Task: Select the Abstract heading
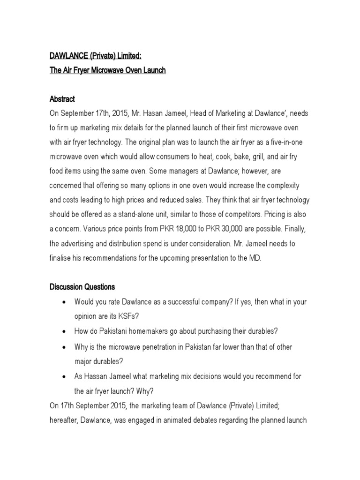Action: click(62, 99)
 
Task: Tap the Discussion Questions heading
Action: click(82, 286)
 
